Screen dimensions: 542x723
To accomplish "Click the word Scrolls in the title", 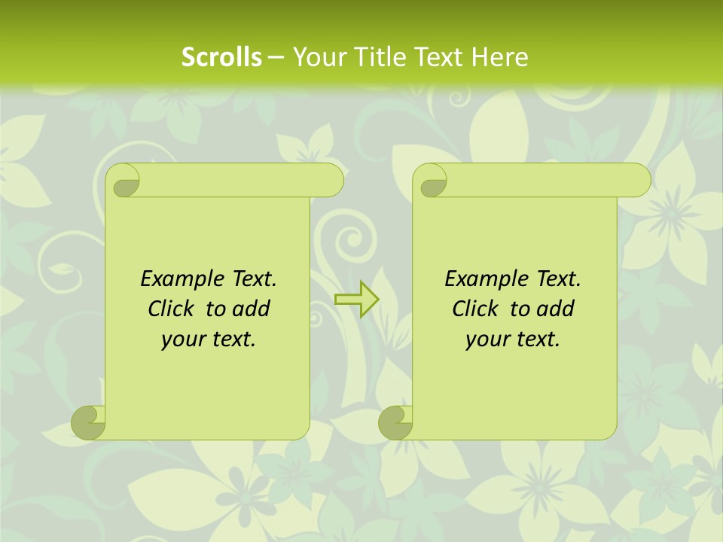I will pyautogui.click(x=221, y=57).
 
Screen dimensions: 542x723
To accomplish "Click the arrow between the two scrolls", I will pyautogui.click(x=357, y=300).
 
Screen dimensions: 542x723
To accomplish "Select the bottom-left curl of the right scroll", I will pyautogui.click(x=396, y=422).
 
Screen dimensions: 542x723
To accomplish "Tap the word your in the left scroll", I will pyautogui.click(x=182, y=339).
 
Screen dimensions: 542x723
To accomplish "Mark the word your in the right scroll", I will pyautogui.click(x=487, y=339).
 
